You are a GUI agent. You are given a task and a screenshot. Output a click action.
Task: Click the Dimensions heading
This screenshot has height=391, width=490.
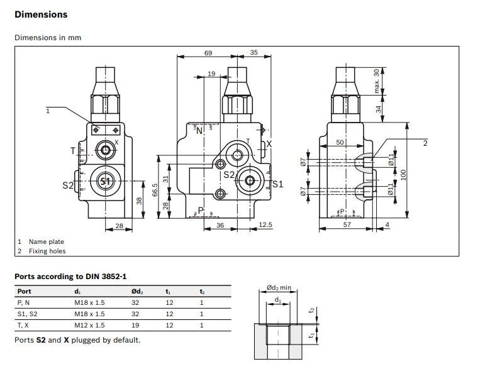pyautogui.click(x=41, y=14)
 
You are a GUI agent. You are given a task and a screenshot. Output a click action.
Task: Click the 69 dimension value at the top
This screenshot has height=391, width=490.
pyautogui.click(x=208, y=53)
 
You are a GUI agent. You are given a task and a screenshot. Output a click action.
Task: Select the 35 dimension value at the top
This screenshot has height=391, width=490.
pyautogui.click(x=253, y=52)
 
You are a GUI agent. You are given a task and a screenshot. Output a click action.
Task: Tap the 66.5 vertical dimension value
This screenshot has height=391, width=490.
pyautogui.click(x=155, y=190)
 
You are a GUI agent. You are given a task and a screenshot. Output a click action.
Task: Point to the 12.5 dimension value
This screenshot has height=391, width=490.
pyautogui.click(x=265, y=224)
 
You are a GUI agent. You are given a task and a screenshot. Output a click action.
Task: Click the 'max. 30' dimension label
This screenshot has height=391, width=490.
pyautogui.click(x=376, y=81)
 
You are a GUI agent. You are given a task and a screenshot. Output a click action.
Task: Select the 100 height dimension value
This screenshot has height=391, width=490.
pyautogui.click(x=403, y=175)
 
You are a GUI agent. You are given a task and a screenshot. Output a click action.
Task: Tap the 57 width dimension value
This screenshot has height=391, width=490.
pyautogui.click(x=347, y=224)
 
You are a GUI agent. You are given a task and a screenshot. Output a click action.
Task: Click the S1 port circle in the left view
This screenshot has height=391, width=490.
pyautogui.click(x=105, y=181)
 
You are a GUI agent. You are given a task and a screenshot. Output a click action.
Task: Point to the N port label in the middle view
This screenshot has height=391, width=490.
pyautogui.click(x=199, y=131)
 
